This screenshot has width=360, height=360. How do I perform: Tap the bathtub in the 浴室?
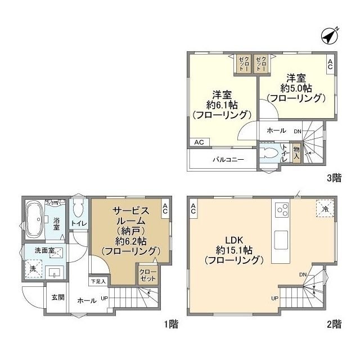click(34, 220)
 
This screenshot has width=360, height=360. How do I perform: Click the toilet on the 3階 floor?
click(269, 152)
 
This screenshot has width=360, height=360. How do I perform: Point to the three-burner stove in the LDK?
click(282, 210)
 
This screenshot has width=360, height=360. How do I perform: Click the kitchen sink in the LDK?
click(281, 240)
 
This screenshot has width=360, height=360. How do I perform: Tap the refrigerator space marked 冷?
click(325, 208)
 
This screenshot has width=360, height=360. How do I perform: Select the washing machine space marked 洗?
click(34, 269)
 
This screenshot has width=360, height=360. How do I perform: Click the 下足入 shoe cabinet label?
click(98, 281)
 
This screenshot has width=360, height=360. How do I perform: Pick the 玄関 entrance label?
click(58, 298)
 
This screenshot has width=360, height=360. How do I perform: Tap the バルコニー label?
click(228, 159)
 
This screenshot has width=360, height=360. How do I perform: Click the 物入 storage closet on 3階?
click(296, 153)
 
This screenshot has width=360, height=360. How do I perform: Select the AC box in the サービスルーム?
click(165, 209)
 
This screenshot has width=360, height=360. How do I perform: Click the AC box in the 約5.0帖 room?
click(330, 64)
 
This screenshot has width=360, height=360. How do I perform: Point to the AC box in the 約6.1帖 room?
click(199, 142)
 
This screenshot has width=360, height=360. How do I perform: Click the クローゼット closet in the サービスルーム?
click(148, 275)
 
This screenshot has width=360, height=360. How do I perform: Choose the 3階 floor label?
click(334, 178)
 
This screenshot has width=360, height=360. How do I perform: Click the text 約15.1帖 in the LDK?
click(234, 250)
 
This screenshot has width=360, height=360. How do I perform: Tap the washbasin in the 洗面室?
click(55, 272)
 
